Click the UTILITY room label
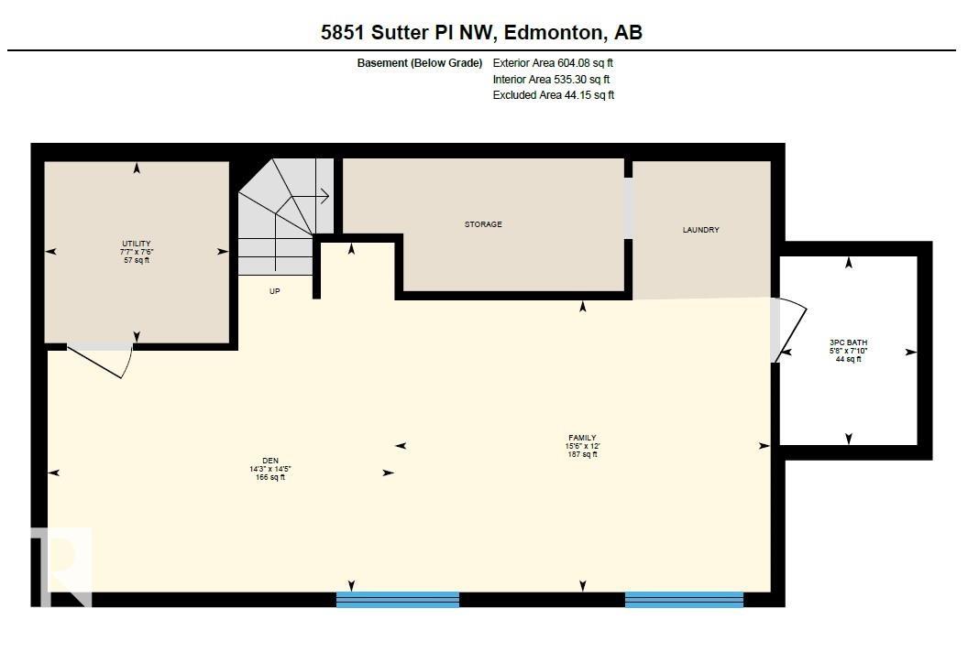[x=135, y=244]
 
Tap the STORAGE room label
[x=483, y=224]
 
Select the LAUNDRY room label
[x=700, y=230]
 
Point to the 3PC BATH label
[x=848, y=342]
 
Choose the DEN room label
[x=269, y=461]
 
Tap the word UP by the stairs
[x=274, y=291]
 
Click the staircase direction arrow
[x=321, y=195]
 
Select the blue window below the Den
[x=398, y=600]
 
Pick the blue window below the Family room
[x=684, y=600]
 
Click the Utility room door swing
[x=105, y=360]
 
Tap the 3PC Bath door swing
[x=788, y=330]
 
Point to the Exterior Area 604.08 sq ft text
[x=553, y=63]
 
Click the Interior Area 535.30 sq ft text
[x=551, y=80]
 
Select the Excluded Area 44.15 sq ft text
[x=554, y=95]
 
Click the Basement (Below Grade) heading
[x=420, y=63]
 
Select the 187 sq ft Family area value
[x=582, y=454]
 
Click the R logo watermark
[x=62, y=566]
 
